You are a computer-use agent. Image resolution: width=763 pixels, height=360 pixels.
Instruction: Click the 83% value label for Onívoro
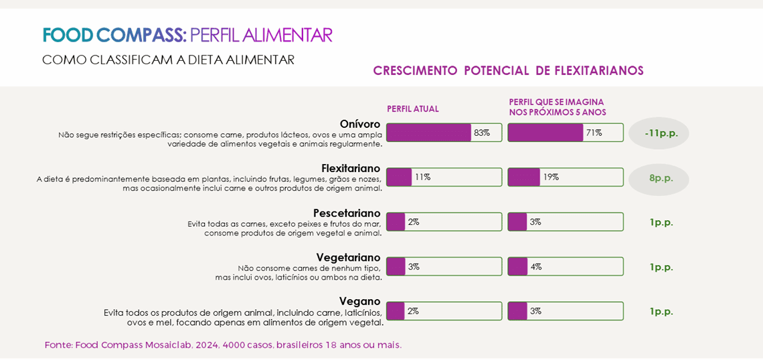[x=482, y=132]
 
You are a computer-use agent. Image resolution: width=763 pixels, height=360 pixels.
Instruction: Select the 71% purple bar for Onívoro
[x=545, y=132]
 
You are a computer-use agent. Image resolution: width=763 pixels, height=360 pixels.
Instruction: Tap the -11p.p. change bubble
[x=659, y=133]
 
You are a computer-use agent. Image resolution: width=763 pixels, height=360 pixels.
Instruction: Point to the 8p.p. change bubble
[x=660, y=178]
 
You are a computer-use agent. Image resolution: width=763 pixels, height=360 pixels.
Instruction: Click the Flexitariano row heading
[x=350, y=168]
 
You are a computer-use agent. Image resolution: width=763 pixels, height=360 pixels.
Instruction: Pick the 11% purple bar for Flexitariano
[x=399, y=177]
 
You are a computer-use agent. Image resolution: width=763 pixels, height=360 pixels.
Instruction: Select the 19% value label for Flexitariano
[x=551, y=177]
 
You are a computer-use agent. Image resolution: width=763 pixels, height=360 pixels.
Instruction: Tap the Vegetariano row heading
[x=348, y=257]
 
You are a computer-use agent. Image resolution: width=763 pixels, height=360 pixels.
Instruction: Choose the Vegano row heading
[x=359, y=301]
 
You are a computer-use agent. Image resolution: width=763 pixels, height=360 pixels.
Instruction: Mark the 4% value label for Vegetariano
[x=536, y=266]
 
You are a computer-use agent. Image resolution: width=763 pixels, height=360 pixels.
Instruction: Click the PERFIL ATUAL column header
[x=413, y=109]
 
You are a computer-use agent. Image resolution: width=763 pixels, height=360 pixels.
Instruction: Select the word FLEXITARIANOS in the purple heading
[x=599, y=71]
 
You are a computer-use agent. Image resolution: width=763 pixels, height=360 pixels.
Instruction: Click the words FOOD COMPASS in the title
[x=114, y=35]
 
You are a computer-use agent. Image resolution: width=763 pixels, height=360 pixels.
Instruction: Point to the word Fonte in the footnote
[x=58, y=345]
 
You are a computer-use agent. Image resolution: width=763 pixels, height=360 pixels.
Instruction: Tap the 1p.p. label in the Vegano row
[x=661, y=311]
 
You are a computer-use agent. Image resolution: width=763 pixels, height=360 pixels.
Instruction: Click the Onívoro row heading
[x=359, y=124]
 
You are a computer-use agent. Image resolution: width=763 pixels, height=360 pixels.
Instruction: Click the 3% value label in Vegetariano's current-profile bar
[x=414, y=266]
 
